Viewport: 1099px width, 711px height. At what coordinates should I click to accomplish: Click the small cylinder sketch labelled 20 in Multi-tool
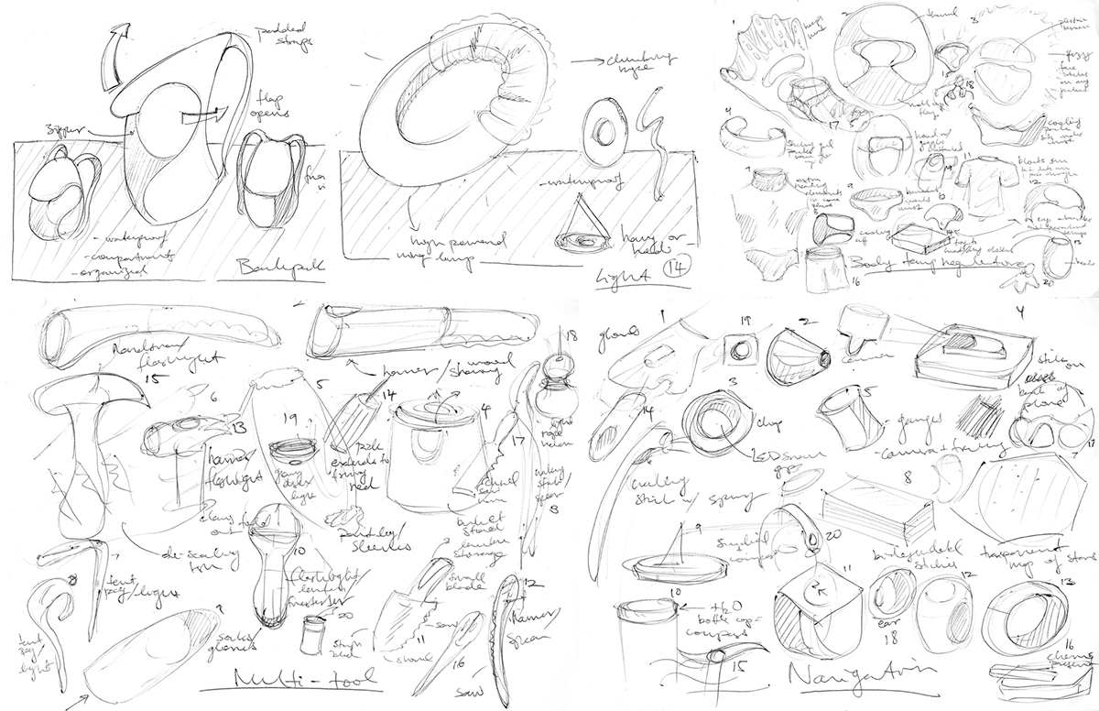tap(315, 632)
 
